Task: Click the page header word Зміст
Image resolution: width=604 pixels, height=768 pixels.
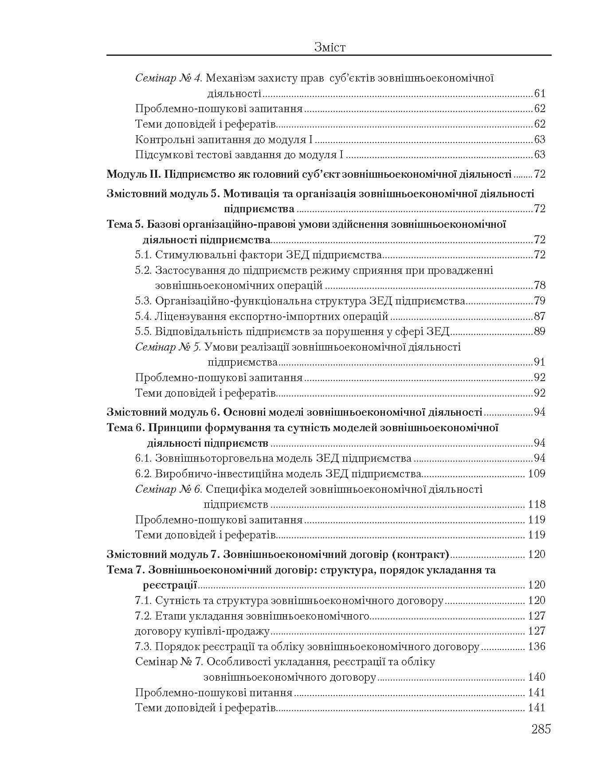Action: click(x=329, y=47)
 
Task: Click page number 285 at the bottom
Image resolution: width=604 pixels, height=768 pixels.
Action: click(x=541, y=729)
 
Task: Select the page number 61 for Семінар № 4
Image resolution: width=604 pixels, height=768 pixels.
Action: click(x=540, y=94)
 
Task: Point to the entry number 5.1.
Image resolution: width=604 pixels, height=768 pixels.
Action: click(x=144, y=255)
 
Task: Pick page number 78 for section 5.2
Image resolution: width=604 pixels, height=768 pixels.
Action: click(x=540, y=285)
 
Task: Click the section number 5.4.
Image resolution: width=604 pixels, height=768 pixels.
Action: click(x=144, y=316)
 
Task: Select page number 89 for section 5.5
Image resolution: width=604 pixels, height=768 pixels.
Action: click(x=540, y=331)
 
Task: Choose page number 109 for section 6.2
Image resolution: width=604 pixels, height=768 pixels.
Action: click(x=537, y=474)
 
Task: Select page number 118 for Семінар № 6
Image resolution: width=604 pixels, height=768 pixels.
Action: click(x=537, y=504)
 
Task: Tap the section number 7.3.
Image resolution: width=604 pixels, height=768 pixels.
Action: click(x=144, y=647)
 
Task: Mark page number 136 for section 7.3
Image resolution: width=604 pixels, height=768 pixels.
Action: click(x=537, y=647)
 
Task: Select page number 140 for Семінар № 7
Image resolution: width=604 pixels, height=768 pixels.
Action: click(x=537, y=677)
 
